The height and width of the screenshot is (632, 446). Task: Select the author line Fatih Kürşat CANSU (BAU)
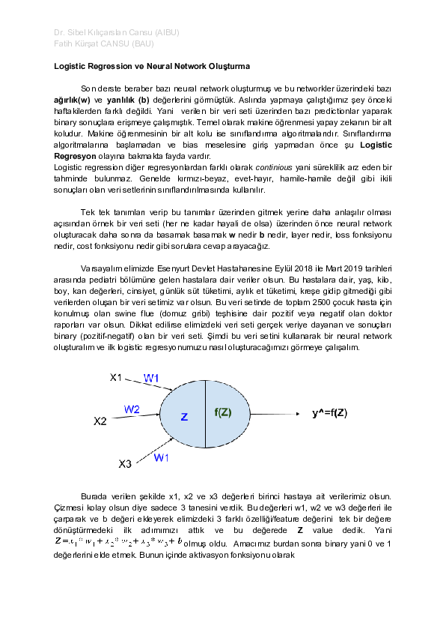pos(104,44)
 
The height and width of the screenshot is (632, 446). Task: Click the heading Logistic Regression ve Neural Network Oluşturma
pos(151,67)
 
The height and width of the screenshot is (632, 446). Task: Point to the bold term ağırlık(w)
pos(73,99)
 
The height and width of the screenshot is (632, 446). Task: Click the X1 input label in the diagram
pos(116,377)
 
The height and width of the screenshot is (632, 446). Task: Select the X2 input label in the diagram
pos(100,421)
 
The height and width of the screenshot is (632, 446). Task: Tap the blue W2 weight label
pos(132,409)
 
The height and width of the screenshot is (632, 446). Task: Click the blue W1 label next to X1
pos(152,378)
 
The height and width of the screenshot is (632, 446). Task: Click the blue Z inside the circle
pos(183,416)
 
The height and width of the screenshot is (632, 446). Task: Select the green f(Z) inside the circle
pos(223,412)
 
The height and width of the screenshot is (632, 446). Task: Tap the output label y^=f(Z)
pos(329,412)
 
